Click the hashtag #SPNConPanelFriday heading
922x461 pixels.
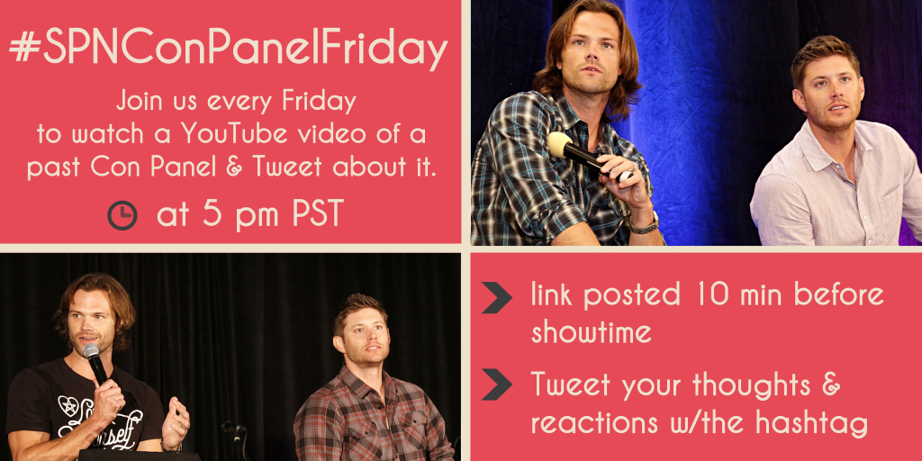point(229,50)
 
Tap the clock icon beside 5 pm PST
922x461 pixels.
point(122,215)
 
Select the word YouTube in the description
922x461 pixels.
point(238,135)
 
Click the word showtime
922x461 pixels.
point(591,333)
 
